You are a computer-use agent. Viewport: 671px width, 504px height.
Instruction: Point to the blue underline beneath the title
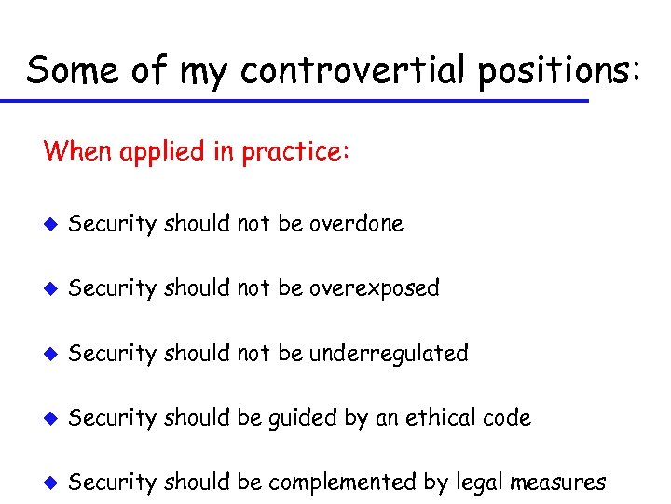[x=308, y=100]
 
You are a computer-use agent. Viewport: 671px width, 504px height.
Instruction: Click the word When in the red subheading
[x=77, y=150]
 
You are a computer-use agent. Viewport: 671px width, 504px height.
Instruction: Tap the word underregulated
[x=389, y=354]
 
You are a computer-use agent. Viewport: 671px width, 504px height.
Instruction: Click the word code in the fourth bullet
[x=508, y=418]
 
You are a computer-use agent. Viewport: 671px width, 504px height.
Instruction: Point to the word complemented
[x=340, y=483]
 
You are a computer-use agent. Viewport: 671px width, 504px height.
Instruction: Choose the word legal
[x=477, y=483]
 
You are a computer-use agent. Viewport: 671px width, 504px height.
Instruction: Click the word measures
[x=559, y=483]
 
